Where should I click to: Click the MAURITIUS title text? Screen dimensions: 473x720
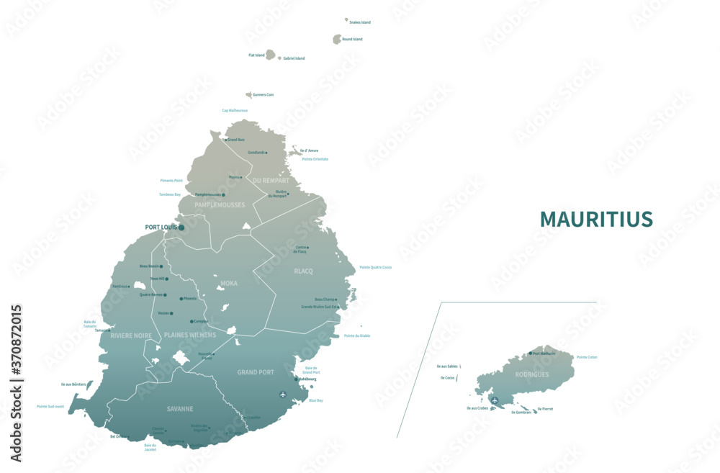[x=596, y=219]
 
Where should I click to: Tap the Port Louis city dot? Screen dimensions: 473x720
[x=181, y=228]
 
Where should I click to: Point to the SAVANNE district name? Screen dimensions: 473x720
[x=180, y=409]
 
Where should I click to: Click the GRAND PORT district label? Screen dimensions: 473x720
[x=256, y=372]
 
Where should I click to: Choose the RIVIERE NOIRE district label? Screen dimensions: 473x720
[x=131, y=335]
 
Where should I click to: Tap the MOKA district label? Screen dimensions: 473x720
[x=229, y=283]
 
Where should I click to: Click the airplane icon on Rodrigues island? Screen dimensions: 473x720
[x=495, y=400]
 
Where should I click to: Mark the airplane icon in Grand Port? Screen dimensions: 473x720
[x=282, y=395]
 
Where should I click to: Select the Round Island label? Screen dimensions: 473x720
[x=352, y=40]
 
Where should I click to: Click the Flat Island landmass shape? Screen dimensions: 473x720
[x=271, y=55]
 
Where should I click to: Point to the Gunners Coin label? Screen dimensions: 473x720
[x=263, y=95]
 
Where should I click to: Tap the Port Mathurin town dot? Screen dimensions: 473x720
[x=531, y=353]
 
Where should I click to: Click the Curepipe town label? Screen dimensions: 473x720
[x=201, y=321]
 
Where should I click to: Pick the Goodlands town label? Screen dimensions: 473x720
[x=256, y=153]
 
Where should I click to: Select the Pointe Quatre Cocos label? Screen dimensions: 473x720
[x=375, y=267]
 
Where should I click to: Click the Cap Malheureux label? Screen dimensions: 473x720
[x=235, y=111]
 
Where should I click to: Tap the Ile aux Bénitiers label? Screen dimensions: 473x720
[x=74, y=384]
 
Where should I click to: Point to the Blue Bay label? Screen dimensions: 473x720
[x=316, y=400]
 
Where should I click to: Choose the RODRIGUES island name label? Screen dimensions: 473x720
[x=531, y=375]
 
